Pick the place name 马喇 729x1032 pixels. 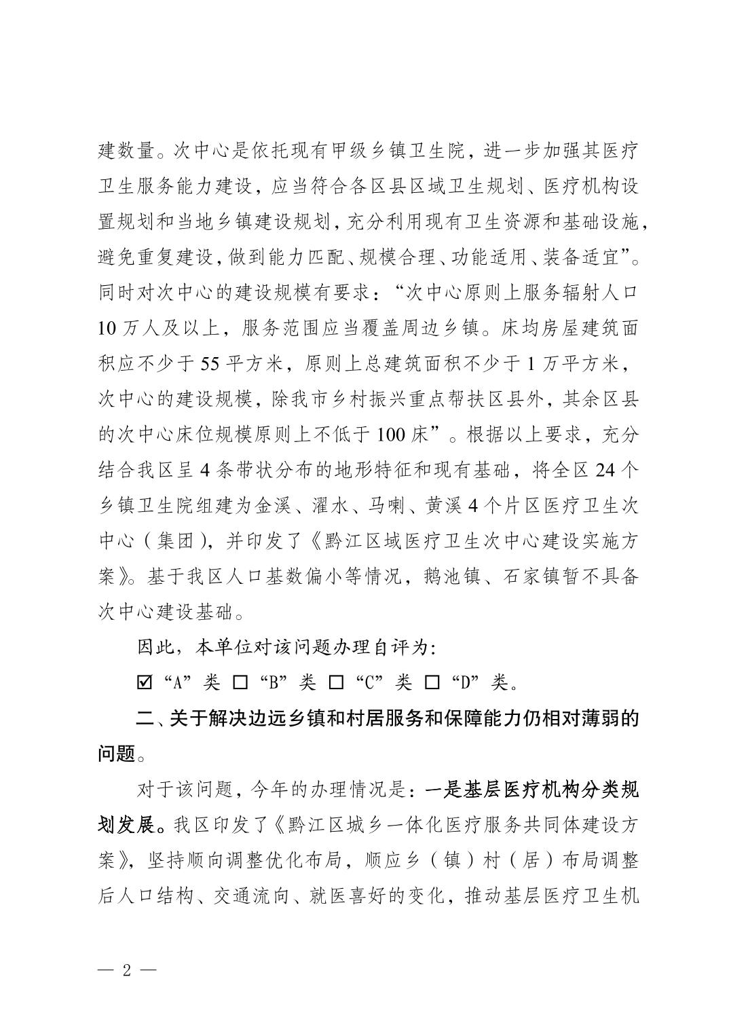point(388,506)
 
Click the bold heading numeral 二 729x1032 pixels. point(145,718)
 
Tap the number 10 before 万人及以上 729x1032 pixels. point(109,328)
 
